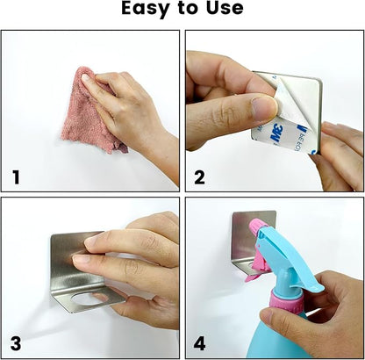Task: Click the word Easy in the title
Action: pyautogui.click(x=145, y=9)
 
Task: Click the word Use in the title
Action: pyautogui.click(x=225, y=8)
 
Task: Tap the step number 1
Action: pyautogui.click(x=17, y=177)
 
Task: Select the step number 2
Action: pyautogui.click(x=199, y=177)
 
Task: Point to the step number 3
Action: pyautogui.click(x=16, y=343)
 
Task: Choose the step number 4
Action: pyautogui.click(x=199, y=343)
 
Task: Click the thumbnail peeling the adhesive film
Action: pyautogui.click(x=265, y=108)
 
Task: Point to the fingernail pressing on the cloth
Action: pyautogui.click(x=87, y=78)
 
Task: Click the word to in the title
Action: pyautogui.click(x=188, y=9)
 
